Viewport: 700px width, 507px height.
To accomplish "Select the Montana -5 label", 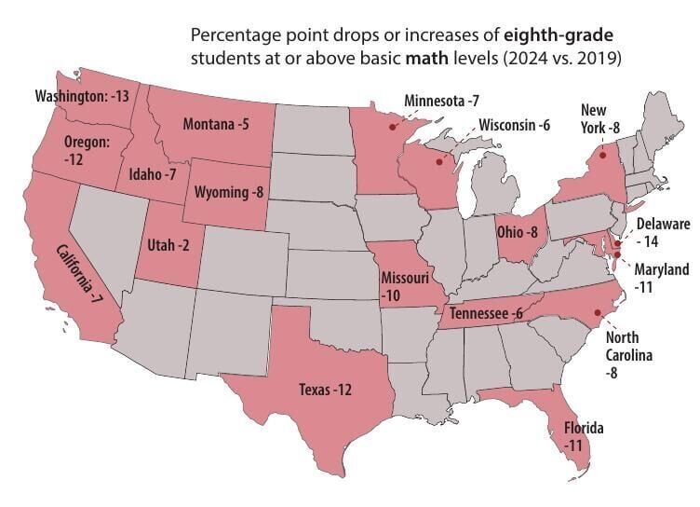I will coord(217,125).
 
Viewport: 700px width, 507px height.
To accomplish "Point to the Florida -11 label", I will coord(585,437).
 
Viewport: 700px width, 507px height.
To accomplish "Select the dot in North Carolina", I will coord(596,313).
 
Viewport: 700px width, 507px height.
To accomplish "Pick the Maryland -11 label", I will coord(662,278).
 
